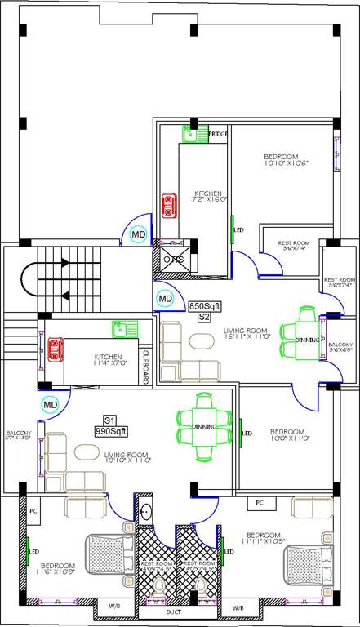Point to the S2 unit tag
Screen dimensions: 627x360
(x=204, y=316)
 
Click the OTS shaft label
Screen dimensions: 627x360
(x=174, y=260)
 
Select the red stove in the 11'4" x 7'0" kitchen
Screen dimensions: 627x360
(x=55, y=350)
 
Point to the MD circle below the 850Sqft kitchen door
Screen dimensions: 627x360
(x=139, y=236)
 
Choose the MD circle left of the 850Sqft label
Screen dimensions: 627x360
(x=166, y=300)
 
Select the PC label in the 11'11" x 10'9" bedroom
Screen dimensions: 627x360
(x=260, y=502)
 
